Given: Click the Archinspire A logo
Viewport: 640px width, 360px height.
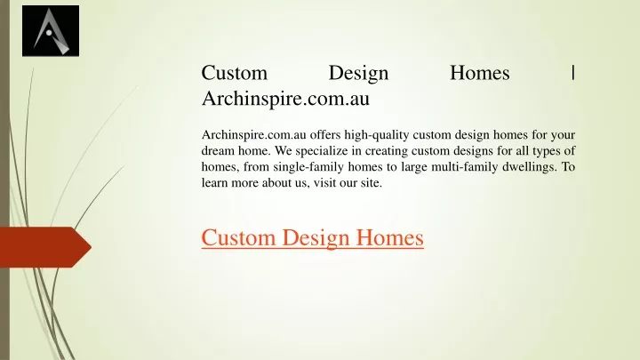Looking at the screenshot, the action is click(51, 30).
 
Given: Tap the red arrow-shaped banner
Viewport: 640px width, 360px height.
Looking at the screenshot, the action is click(45, 247).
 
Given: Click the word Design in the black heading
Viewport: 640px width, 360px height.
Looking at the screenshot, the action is click(358, 74).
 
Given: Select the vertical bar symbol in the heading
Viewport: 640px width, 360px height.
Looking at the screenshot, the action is click(573, 73).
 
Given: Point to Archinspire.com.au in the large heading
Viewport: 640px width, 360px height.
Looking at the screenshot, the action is click(285, 99).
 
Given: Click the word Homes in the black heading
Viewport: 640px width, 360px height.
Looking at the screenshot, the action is click(480, 73).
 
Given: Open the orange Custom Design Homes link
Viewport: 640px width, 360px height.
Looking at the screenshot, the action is click(312, 237).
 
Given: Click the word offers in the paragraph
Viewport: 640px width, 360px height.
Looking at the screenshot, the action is click(325, 134).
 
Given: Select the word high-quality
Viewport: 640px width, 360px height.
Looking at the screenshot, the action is click(377, 135).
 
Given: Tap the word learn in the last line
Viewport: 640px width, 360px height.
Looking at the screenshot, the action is click(214, 182).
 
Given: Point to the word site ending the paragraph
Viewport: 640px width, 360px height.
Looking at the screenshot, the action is click(371, 182).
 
